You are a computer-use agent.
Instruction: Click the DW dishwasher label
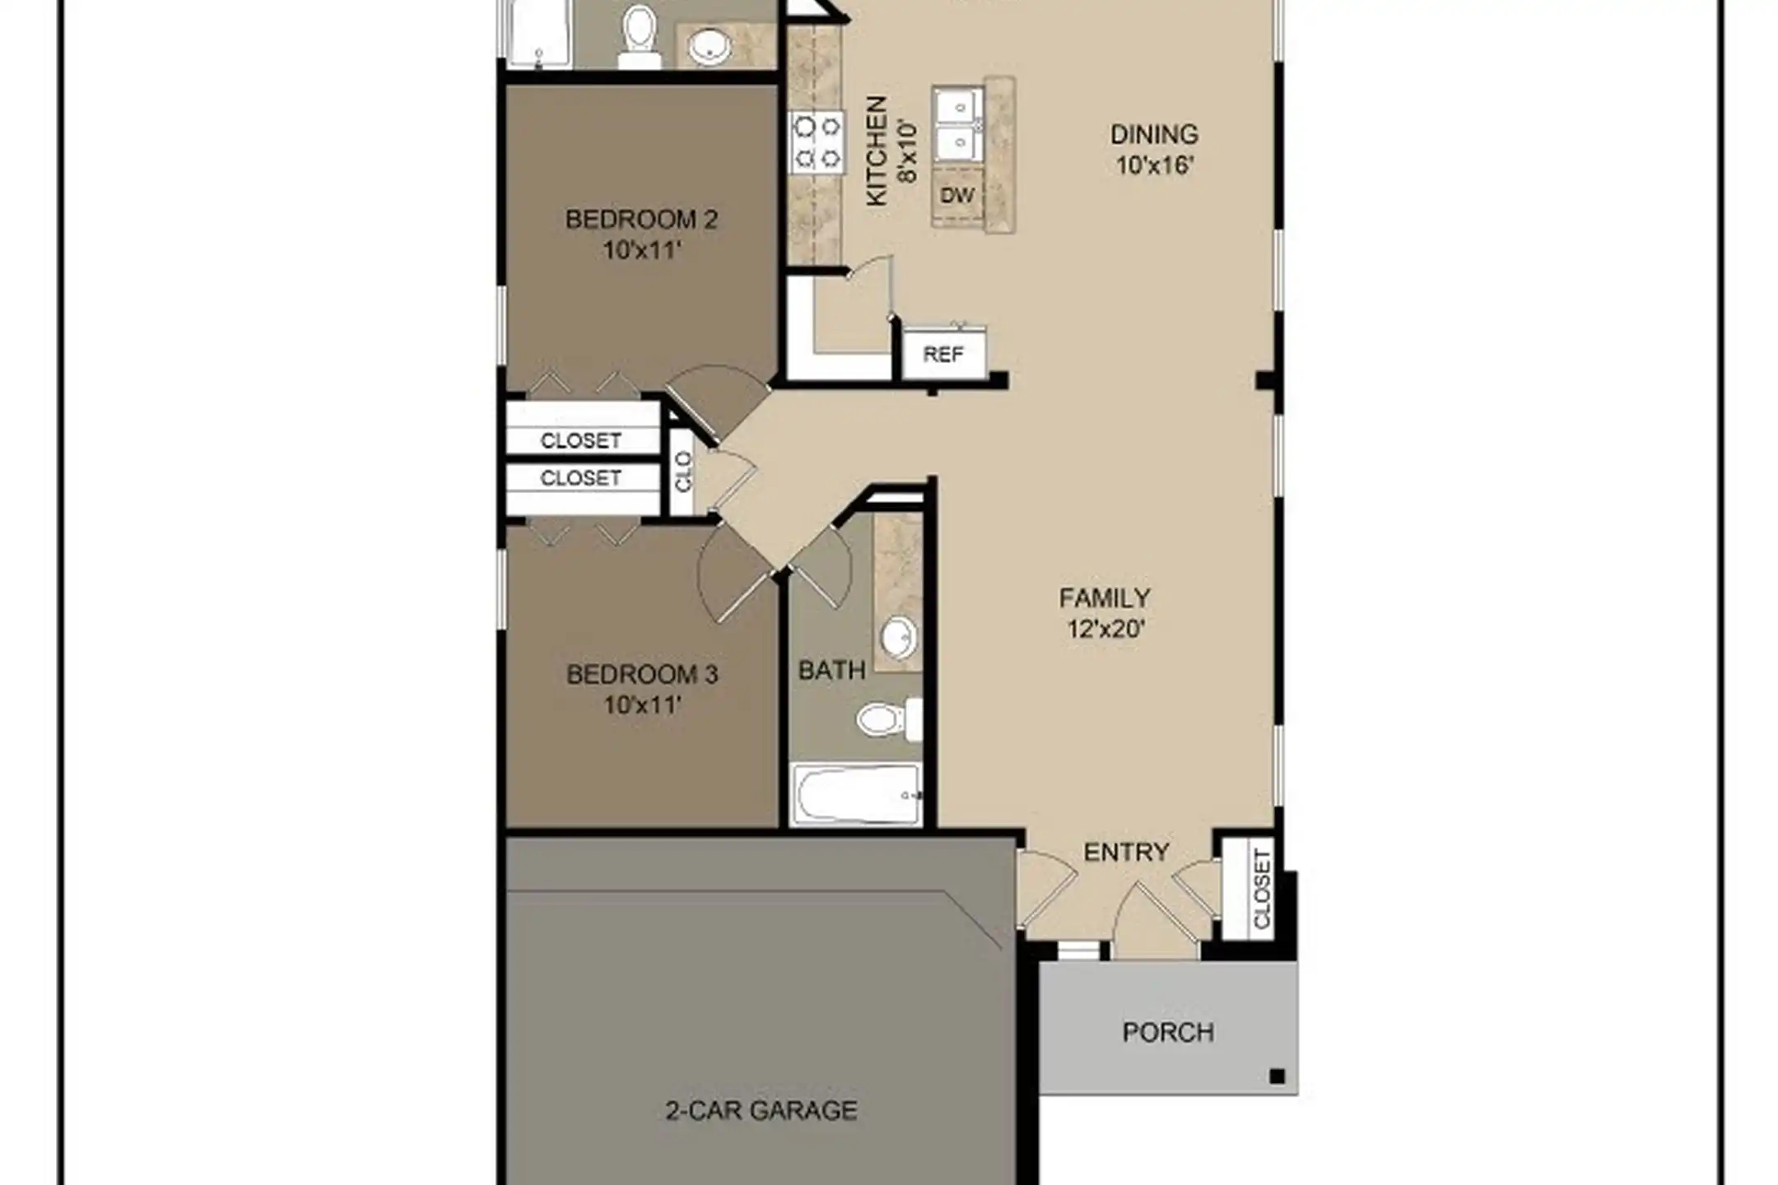[957, 195]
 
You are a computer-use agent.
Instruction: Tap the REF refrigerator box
[943, 354]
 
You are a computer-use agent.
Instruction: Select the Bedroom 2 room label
[641, 220]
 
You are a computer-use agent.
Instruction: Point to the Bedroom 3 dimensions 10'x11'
[642, 705]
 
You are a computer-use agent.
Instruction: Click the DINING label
[1154, 134]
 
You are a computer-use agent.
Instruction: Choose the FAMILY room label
[1105, 598]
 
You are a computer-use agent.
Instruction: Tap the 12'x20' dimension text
[1106, 630]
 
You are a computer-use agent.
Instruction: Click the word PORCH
[1168, 1032]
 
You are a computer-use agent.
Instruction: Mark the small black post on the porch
[1277, 1076]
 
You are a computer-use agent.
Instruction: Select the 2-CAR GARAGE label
[761, 1111]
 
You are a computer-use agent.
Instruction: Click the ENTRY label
[1126, 853]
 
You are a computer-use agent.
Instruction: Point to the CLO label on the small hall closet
[683, 472]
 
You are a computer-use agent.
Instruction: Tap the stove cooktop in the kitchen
[817, 142]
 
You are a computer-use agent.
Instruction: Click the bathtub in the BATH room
[856, 794]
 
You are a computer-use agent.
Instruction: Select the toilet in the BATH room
[889, 719]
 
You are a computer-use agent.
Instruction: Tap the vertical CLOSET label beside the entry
[1262, 890]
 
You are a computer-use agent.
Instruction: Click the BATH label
[832, 671]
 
